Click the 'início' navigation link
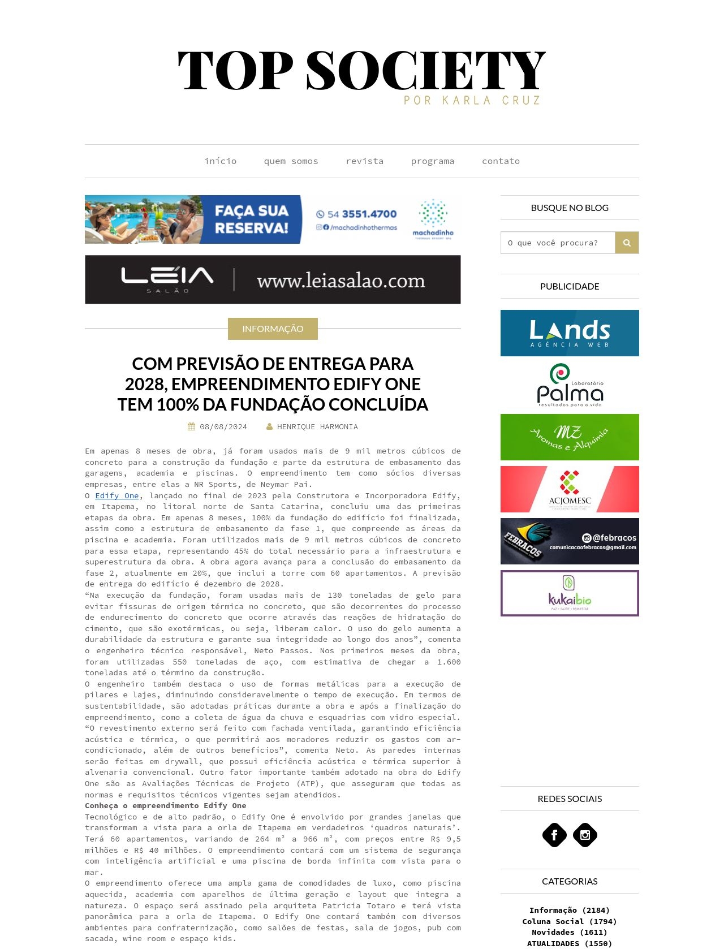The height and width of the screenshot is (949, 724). (221, 161)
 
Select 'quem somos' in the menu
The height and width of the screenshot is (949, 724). (291, 161)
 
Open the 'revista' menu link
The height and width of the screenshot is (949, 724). (364, 161)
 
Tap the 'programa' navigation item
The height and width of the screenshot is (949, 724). (432, 161)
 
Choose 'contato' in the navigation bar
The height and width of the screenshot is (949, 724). (501, 161)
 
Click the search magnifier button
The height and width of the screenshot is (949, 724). (627, 243)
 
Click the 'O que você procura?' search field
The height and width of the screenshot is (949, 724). (558, 243)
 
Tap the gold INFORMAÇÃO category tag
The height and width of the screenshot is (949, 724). (273, 329)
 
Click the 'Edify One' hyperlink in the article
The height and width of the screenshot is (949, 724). (117, 496)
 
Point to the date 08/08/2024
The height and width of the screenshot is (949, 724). (223, 427)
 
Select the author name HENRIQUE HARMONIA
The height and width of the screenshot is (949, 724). (317, 427)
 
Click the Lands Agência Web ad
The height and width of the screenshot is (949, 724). (570, 333)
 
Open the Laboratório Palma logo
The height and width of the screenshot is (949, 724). (570, 385)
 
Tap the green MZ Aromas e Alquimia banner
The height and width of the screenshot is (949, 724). (570, 437)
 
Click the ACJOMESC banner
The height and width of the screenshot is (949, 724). (570, 489)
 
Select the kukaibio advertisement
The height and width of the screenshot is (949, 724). (570, 593)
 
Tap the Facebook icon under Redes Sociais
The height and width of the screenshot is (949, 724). (554, 835)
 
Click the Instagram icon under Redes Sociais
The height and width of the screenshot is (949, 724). (585, 835)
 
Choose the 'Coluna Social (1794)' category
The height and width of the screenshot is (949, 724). (569, 921)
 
